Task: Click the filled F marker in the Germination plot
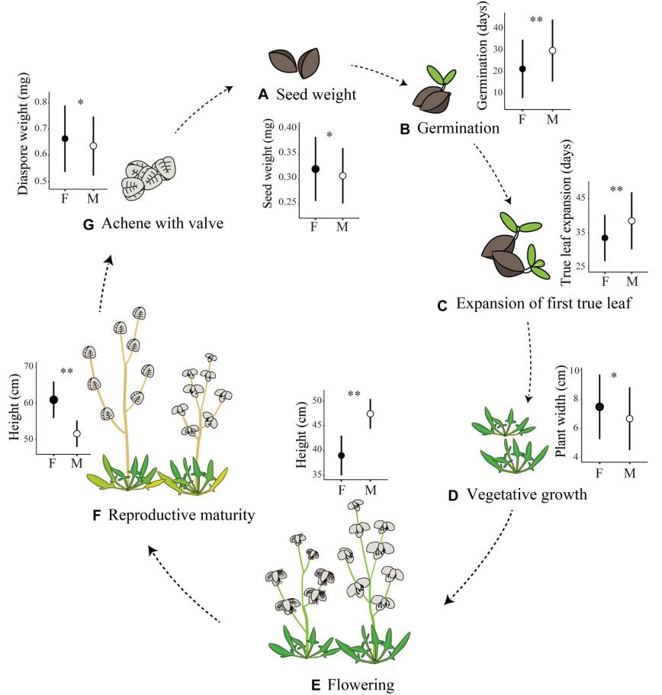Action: pos(522,69)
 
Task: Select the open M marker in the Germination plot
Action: pos(552,50)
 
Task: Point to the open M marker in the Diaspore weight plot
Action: pos(94,146)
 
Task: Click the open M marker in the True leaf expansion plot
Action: pos(631,220)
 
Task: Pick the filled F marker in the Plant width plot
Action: pos(599,407)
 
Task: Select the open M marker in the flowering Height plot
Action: pos(371,413)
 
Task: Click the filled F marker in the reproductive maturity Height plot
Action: pos(53,399)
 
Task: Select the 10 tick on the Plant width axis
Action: pos(583,371)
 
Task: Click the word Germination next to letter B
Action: pos(458,128)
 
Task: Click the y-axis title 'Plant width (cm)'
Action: pos(562,413)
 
